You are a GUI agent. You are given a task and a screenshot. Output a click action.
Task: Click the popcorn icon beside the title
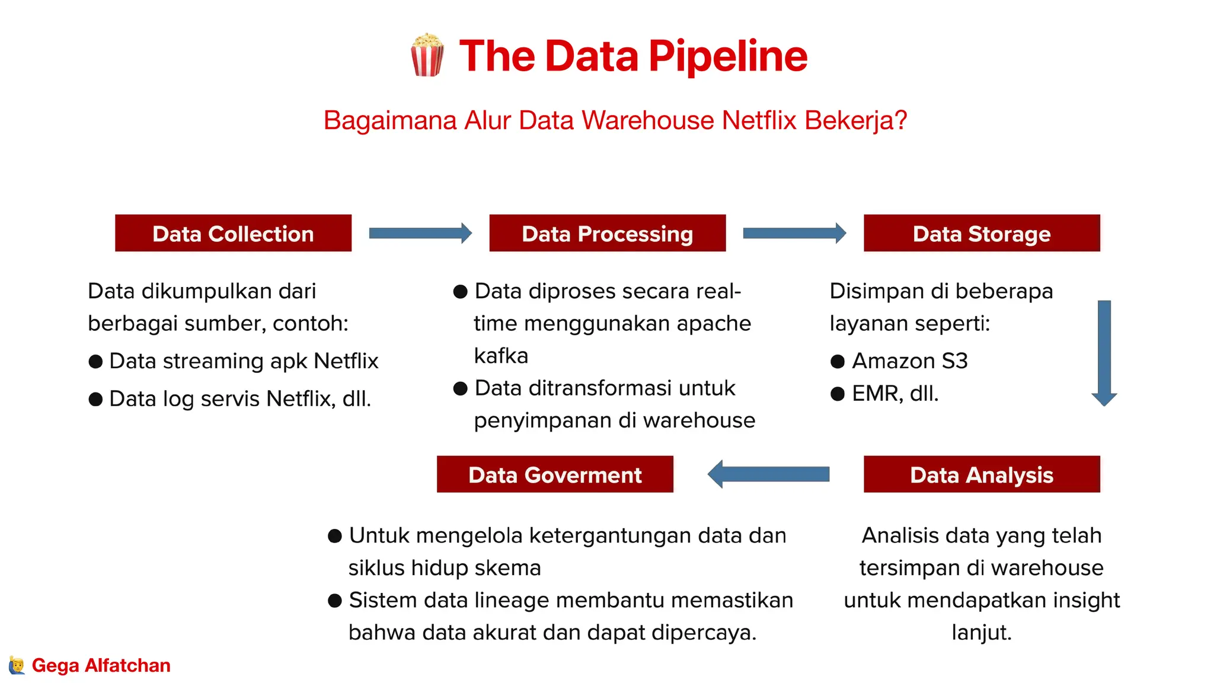coord(427,55)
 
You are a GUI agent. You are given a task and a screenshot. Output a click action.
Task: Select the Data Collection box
coord(233,233)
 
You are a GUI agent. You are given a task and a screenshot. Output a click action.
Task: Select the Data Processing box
coord(607,233)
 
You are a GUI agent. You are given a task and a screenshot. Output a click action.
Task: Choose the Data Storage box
coord(982,233)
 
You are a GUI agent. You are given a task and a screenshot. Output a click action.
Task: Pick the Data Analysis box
coord(982,474)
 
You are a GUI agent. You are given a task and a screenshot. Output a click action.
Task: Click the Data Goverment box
coord(555,474)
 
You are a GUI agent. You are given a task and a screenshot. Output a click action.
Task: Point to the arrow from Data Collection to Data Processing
coord(420,233)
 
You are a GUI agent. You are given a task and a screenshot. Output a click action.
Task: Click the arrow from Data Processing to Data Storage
coord(794,233)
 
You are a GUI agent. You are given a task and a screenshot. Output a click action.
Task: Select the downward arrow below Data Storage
coord(1104,353)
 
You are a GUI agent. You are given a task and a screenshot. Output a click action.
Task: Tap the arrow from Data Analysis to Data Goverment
coord(769,474)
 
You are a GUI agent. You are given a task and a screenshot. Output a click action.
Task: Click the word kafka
coord(501,356)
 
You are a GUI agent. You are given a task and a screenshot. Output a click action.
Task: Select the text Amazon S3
coord(909,361)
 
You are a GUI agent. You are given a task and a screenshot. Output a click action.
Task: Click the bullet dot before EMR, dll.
coord(837,394)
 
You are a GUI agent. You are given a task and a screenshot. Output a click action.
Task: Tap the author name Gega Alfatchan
coord(101,665)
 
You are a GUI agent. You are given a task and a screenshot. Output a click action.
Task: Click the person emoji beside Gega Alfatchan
coord(17,665)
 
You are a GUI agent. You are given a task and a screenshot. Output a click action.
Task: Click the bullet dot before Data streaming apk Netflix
coord(95,362)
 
